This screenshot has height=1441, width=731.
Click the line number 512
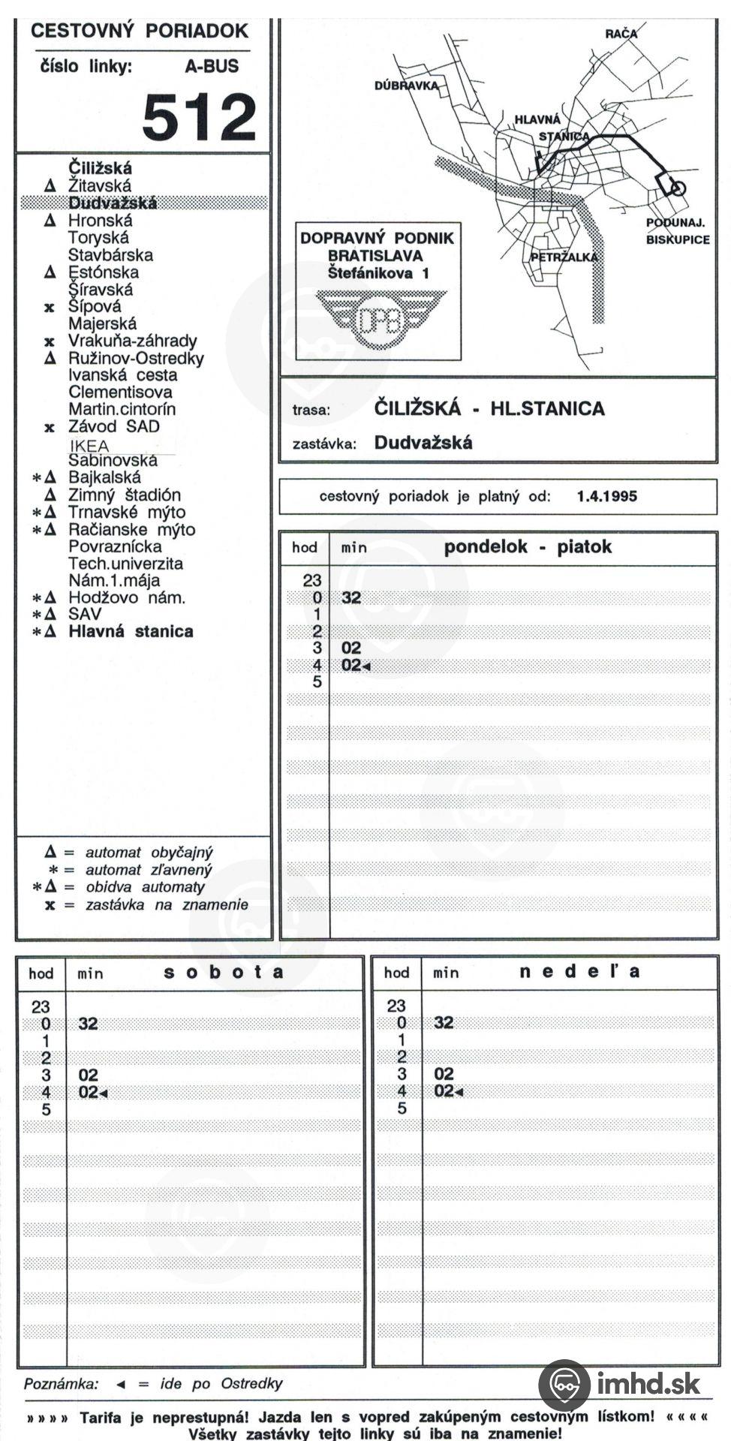pos(199,117)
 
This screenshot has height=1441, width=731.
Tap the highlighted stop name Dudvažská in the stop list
pos(113,203)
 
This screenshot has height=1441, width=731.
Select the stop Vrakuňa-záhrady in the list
pos(133,341)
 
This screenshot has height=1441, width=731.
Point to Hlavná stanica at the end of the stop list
pos(131,631)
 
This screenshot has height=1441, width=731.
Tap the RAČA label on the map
pos(621,33)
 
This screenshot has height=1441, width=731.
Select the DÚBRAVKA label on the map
pos(406,86)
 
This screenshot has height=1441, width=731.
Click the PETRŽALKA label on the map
pos(564,257)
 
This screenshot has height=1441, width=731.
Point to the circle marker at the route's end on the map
pos(677,188)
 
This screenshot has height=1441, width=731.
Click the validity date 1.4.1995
pos(606,496)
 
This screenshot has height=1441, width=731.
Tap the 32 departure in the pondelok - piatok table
pos(350,597)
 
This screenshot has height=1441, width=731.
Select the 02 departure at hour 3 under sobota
pos(88,1075)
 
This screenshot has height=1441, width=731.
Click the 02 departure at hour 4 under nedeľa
pos(444,1091)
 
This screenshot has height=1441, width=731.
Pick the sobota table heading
pos(224,973)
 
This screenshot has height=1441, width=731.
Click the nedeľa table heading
pos(579,972)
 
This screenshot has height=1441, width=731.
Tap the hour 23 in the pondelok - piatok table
pos(312,580)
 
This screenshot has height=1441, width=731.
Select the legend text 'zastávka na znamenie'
pos(167,904)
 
